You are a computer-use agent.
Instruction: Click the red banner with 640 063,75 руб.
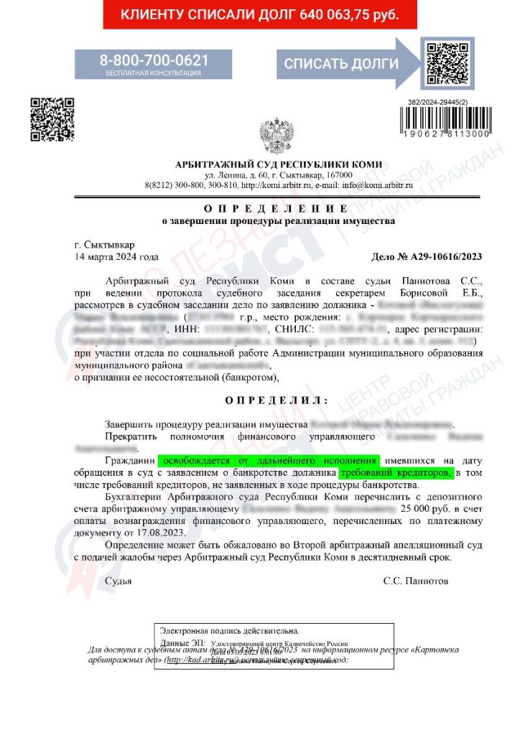coord(259,14)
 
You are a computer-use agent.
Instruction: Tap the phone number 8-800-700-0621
coord(154,60)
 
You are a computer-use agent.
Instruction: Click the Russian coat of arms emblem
coord(276,135)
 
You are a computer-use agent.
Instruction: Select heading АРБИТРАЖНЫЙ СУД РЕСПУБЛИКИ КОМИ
coord(279,164)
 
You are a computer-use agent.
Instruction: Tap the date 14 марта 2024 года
coord(116,256)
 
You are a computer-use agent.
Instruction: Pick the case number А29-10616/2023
coord(427,257)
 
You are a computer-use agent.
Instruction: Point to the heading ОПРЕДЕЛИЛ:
coord(277,399)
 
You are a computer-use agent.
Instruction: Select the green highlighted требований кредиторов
coord(396,473)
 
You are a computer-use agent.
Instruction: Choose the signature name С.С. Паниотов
coord(416,580)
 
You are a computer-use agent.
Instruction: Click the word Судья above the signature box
coord(119,580)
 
